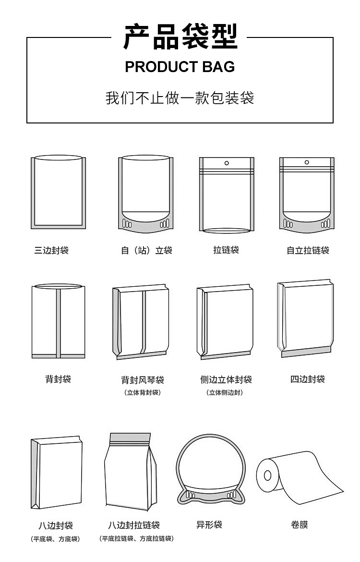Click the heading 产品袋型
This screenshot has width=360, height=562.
pos(180,37)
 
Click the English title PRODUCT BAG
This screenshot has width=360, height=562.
pos(180,67)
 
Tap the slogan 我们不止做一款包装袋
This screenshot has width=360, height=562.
pos(180,98)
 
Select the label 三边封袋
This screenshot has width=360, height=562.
pos(51,250)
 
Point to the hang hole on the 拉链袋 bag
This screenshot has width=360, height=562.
pos(227,163)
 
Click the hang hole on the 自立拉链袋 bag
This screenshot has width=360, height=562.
pos(307,162)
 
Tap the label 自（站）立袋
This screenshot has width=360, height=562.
pos(146,250)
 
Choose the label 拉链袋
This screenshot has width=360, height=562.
pos(226,250)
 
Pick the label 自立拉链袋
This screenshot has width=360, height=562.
pos(308,250)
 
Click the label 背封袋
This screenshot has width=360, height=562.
pos(58,379)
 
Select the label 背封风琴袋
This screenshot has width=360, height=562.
pos(143,379)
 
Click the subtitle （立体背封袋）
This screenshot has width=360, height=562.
pos(143,392)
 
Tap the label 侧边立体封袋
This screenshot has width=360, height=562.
pos(226,379)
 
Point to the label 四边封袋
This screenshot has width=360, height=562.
pos(308,379)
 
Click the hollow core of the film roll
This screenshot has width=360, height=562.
pos(267,475)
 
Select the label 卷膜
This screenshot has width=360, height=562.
pos(300,525)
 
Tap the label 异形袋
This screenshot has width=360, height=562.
pos(209,525)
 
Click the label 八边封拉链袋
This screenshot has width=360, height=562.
pos(134,525)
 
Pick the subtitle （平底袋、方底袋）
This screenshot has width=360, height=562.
pos(55,538)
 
